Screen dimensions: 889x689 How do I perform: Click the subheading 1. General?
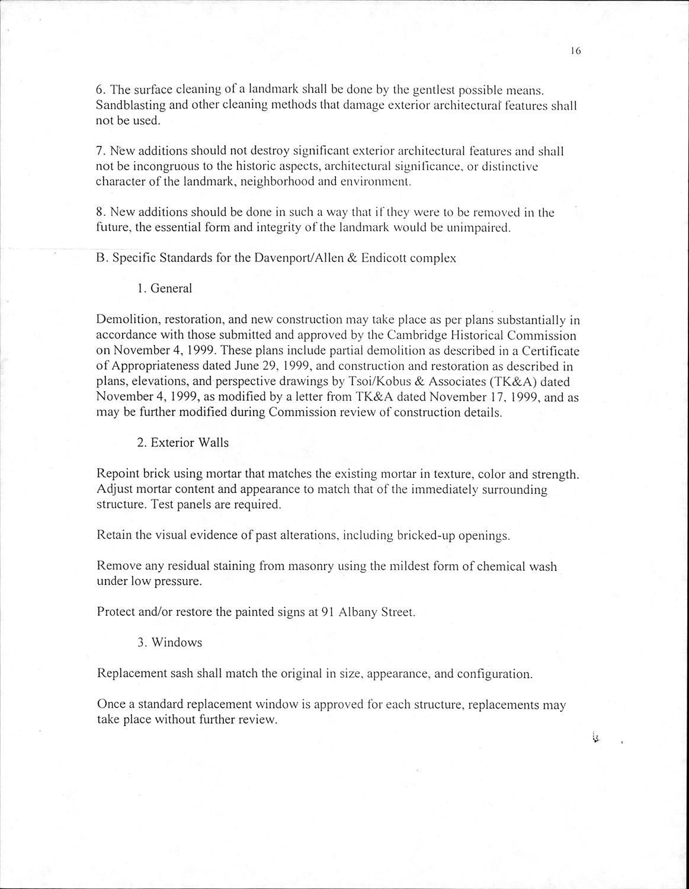165,289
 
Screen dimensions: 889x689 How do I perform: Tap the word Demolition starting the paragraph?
124,321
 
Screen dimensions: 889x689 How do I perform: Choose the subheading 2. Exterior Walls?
182,443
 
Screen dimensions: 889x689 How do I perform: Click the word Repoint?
116,474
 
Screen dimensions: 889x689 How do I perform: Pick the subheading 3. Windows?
169,643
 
